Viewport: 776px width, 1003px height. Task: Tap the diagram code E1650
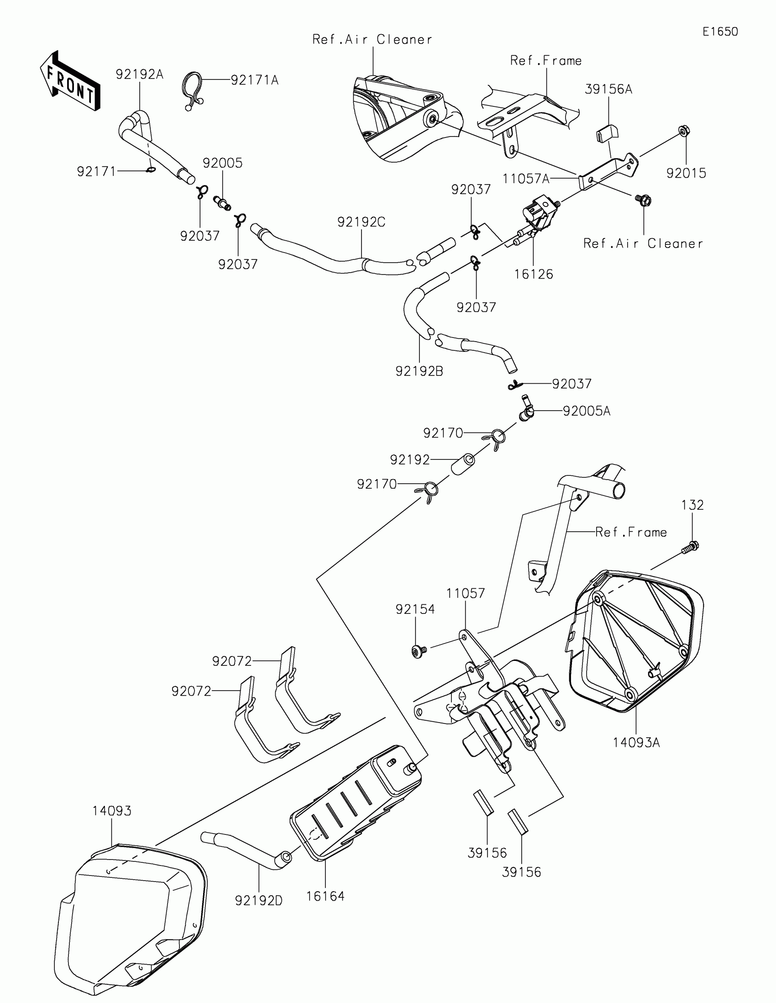click(720, 32)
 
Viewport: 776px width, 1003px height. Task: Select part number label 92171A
click(254, 80)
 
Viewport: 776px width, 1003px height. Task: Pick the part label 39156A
click(608, 89)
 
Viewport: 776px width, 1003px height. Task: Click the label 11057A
click(526, 179)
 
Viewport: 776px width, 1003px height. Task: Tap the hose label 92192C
click(361, 222)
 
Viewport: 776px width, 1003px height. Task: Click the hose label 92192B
click(419, 371)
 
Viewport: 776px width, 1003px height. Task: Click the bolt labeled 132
click(691, 547)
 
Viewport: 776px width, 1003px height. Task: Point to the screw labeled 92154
click(419, 650)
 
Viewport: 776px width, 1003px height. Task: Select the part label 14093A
click(636, 743)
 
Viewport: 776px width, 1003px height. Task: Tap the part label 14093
click(111, 811)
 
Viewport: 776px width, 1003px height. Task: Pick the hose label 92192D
click(258, 901)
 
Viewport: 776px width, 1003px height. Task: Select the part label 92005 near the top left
click(223, 163)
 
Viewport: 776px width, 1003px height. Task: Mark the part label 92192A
click(140, 74)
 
